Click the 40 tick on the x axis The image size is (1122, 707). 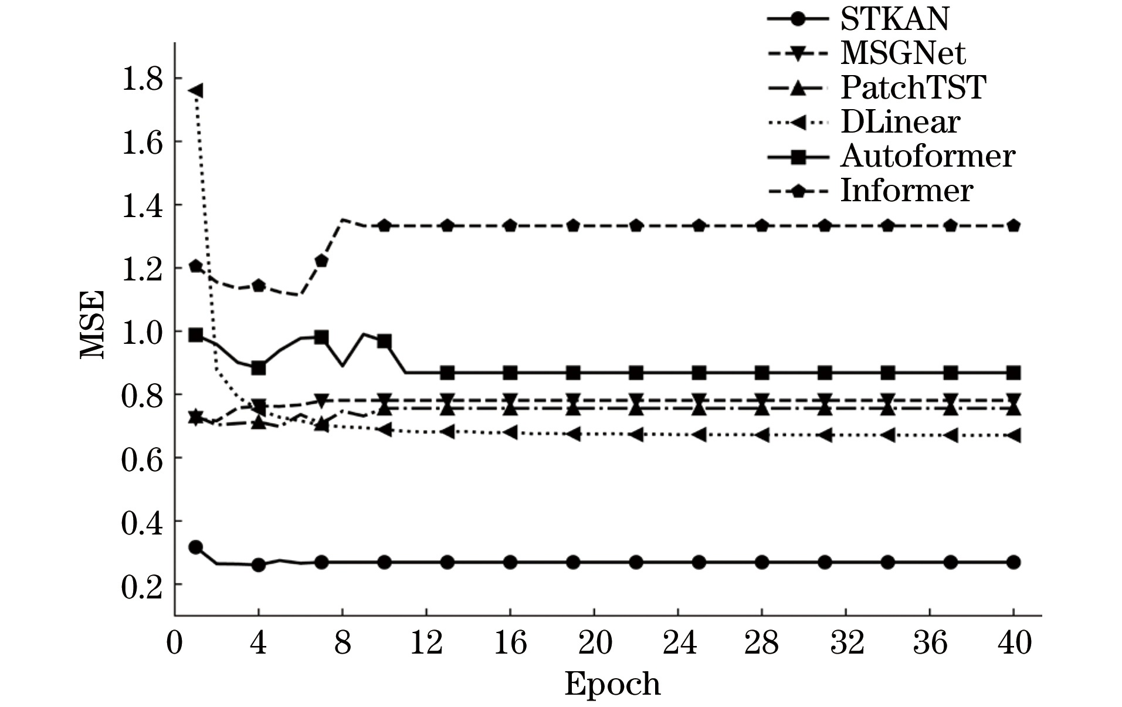[1014, 643]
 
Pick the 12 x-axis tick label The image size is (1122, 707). [426, 643]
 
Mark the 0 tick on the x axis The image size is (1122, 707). [174, 643]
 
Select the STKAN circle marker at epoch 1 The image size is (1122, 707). [196, 547]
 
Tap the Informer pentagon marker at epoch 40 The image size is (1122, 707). [1013, 226]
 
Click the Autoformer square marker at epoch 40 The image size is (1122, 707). [1013, 373]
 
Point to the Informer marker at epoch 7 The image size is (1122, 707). [321, 261]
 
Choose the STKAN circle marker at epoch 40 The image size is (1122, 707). [1013, 562]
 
